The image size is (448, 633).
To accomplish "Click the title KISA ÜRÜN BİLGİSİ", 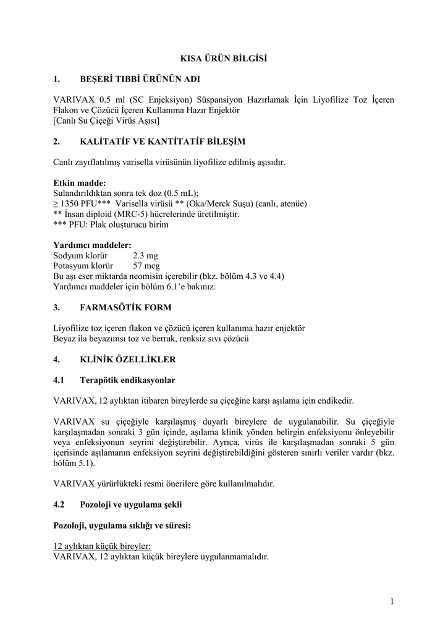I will [224, 59].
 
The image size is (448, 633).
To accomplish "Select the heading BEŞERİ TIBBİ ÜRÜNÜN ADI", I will [140, 79].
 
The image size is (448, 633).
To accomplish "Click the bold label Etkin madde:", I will [80, 183].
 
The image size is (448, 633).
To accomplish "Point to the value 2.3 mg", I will [146, 255].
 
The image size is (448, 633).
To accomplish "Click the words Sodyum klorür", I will [80, 255].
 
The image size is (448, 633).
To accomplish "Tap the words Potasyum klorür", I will [84, 265].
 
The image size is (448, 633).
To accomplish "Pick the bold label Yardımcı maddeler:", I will [92, 245].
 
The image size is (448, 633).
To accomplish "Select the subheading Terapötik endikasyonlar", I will [127, 380].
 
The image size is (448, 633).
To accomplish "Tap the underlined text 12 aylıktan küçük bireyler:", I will [102, 546].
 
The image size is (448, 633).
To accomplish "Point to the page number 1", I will [392, 601].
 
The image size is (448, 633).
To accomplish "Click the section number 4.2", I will [59, 504].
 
